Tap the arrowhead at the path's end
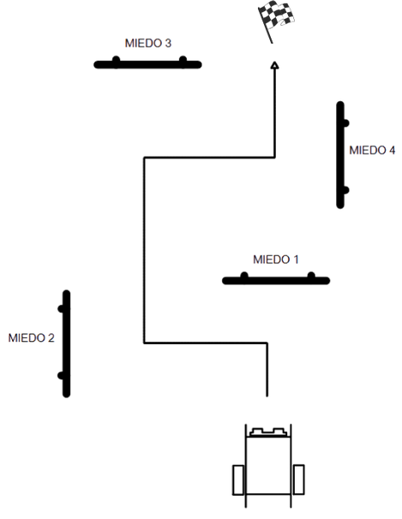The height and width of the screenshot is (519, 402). (274, 65)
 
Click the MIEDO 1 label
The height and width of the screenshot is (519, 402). (276, 259)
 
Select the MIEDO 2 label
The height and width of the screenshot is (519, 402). (31, 338)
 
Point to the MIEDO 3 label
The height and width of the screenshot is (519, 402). (148, 44)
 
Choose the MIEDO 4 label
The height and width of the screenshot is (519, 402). (372, 150)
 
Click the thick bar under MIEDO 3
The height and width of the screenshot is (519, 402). (147, 64)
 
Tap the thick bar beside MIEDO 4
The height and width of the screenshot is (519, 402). (340, 155)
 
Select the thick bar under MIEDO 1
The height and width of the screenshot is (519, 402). (276, 281)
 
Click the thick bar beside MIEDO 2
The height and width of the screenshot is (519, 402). (66, 343)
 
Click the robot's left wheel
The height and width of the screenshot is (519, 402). (238, 480)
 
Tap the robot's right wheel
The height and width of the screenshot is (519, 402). (298, 480)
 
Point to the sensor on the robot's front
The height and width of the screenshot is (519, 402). (268, 432)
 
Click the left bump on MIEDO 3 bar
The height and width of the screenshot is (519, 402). (116, 60)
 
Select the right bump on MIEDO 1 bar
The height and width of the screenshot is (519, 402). (311, 276)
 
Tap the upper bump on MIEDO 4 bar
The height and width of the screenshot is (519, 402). (345, 123)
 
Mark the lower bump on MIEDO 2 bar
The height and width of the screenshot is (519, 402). (61, 376)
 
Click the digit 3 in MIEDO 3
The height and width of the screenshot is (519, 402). (168, 44)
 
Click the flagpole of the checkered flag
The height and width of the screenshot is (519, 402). (266, 27)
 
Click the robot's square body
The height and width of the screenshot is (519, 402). (268, 465)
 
